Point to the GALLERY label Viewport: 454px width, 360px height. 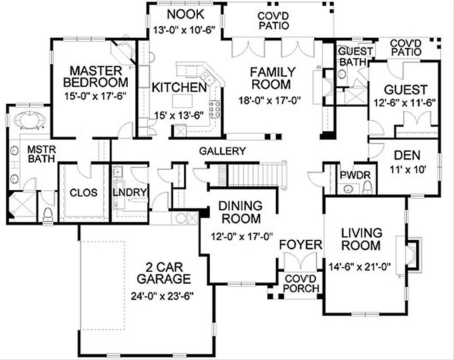222,151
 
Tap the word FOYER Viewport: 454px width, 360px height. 300,245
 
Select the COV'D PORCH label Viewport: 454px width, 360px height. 302,283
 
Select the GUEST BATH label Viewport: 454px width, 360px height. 355,56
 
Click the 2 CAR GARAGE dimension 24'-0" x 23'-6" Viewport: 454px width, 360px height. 163,296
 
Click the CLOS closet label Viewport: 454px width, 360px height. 84,193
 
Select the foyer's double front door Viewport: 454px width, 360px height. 301,262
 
